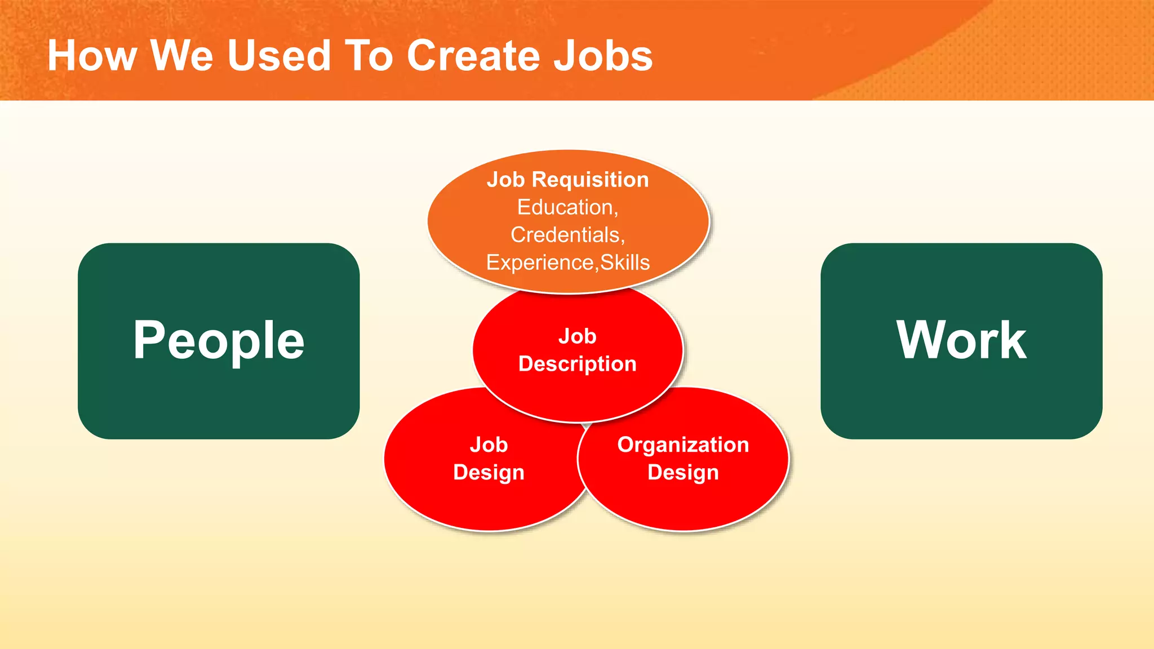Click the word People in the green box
pos(219,340)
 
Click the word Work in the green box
pos(961,340)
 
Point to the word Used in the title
pos(278,56)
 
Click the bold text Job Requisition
pos(567,180)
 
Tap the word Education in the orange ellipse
pos(565,207)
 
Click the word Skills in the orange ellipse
pos(625,263)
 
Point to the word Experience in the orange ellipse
pos(540,263)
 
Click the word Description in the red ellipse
pos(577,364)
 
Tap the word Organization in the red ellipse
pos(683,445)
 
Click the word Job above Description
pos(577,336)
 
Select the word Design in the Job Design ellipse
pos(489,473)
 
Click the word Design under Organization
pos(683,473)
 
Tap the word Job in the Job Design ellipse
pos(489,445)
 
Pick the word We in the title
pos(181,56)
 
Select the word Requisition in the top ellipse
pos(590,180)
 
